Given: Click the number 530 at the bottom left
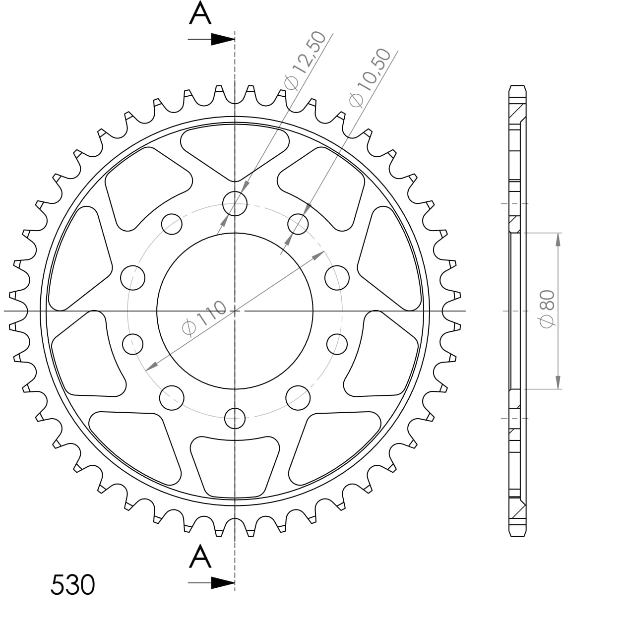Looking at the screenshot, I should [x=72, y=585].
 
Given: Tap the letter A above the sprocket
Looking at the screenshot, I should [x=200, y=14].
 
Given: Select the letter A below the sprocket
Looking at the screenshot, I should [x=200, y=557].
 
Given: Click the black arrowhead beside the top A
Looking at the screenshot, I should [x=222, y=39].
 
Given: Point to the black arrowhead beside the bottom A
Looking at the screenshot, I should [x=222, y=583].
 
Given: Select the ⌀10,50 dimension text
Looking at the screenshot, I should [x=370, y=78].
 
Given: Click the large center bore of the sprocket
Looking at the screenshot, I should [x=235, y=311].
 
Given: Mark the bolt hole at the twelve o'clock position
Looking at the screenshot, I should [x=235, y=203].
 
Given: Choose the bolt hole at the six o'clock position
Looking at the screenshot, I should [x=235, y=419].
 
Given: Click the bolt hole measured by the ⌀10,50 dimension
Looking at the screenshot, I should [x=298, y=224].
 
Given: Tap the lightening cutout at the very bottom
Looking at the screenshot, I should [x=235, y=466].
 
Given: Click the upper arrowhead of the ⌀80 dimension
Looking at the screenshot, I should [x=558, y=239].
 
